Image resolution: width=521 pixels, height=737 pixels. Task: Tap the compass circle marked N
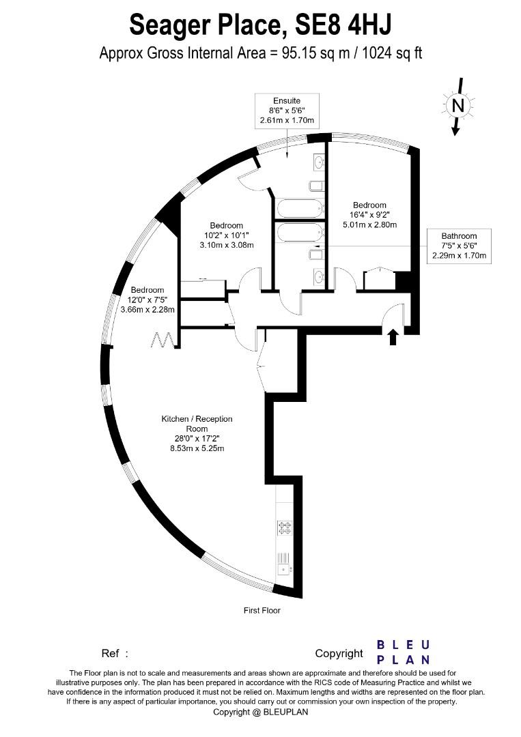(457, 105)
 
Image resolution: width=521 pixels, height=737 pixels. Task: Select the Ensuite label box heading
(286, 100)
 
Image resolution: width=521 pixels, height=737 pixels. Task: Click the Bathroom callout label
(458, 236)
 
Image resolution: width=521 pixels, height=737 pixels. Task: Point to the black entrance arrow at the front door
(393, 336)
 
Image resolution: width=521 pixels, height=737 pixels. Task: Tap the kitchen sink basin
(283, 568)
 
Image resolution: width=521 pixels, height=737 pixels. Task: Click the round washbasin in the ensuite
(319, 162)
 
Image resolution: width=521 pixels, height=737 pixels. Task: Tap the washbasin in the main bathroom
(319, 276)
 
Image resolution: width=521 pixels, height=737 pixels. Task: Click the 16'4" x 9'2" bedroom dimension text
(369, 215)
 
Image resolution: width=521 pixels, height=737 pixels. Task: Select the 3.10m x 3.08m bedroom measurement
(226, 245)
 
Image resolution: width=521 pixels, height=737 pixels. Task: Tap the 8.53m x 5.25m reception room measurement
(197, 448)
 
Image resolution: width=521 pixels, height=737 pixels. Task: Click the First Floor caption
(262, 610)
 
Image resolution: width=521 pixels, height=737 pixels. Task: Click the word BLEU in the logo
(404, 645)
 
